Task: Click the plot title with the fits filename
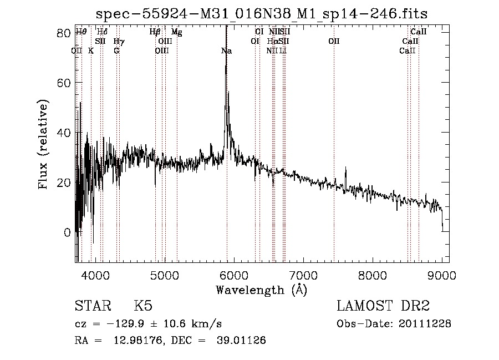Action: coord(262,13)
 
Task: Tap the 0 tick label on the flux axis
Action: coord(67,232)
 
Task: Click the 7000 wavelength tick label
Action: coord(303,274)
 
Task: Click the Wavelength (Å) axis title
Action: coord(261,290)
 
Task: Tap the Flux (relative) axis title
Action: coord(43,144)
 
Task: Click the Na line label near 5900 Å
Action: coord(226,51)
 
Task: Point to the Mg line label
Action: coord(176,32)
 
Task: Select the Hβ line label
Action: coord(155,32)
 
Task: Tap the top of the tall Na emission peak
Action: coord(226,28)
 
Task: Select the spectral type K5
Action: coord(143,307)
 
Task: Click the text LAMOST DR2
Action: coord(383,306)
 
